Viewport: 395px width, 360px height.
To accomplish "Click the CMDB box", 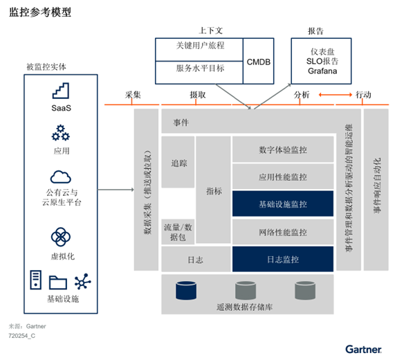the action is coord(259,61).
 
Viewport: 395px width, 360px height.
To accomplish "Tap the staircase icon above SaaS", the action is coord(61,91).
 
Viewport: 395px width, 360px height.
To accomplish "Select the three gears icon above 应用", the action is coord(61,133).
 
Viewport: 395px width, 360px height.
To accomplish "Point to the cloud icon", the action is coord(61,177).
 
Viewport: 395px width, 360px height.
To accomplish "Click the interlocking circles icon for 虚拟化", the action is coord(61,237).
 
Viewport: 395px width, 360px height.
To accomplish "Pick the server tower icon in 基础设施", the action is coord(35,280).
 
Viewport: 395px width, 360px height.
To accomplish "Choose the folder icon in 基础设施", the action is coord(58,282).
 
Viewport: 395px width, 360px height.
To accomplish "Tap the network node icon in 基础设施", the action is coord(82,281).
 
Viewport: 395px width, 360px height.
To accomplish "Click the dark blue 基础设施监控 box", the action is coord(283,204).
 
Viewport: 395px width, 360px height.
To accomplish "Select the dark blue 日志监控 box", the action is coord(283,259).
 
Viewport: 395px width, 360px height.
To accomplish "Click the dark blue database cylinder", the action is coord(186,290).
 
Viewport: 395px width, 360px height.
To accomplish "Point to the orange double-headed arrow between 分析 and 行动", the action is coord(336,95).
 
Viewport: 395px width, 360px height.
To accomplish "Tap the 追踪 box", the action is coord(178,162).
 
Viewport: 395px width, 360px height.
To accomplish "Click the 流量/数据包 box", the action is coord(178,232).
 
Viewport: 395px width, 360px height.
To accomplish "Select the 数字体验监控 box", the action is coord(283,150).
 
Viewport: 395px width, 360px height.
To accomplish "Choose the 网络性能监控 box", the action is coord(283,232).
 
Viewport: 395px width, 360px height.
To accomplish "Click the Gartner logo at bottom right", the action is coord(363,350).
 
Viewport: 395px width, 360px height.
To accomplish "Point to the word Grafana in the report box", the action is coord(322,71).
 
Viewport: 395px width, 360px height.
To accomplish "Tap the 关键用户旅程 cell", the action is coord(199,50).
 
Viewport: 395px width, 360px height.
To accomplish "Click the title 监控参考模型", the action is coord(40,12).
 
